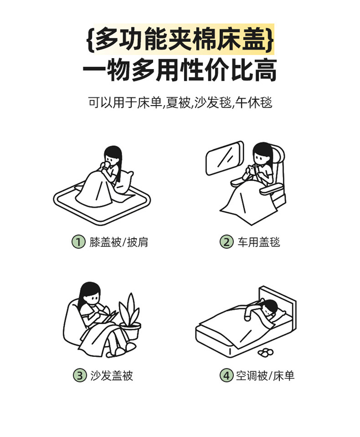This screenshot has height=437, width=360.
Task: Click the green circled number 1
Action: pos(78,242)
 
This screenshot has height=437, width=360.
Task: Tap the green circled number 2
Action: pos(227,242)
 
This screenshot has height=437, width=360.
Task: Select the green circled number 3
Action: pos(80,376)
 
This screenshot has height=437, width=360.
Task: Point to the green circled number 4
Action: pos(226,376)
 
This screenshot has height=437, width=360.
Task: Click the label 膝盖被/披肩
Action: pos(119,242)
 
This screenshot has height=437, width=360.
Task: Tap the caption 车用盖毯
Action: pos(259,242)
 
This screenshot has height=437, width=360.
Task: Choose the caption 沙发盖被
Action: pos(111,376)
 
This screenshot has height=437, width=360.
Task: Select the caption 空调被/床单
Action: pos(265,376)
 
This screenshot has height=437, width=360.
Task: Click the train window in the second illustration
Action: pos(225,158)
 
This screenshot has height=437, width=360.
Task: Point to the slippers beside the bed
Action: pos(265,352)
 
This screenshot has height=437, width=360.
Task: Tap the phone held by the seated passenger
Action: pos(251,169)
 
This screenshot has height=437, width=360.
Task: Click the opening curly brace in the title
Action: pos(91,39)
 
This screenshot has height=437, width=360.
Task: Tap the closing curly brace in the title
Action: pos(269,39)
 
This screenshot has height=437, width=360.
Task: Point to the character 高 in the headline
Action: pos(264,70)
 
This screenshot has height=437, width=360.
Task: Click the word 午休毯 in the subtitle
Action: pos(253,102)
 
